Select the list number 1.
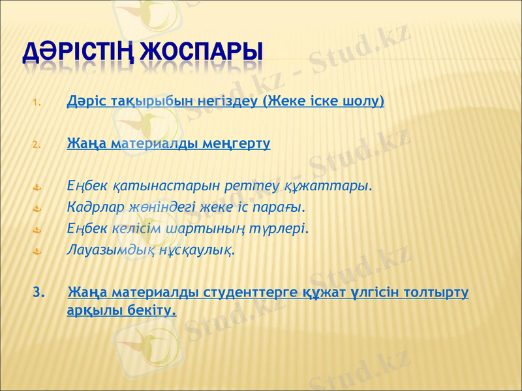pyautogui.click(x=37, y=103)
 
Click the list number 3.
pyautogui.click(x=38, y=291)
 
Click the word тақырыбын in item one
pyautogui.click(x=130, y=102)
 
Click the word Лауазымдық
pyautogui.click(x=104, y=250)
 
